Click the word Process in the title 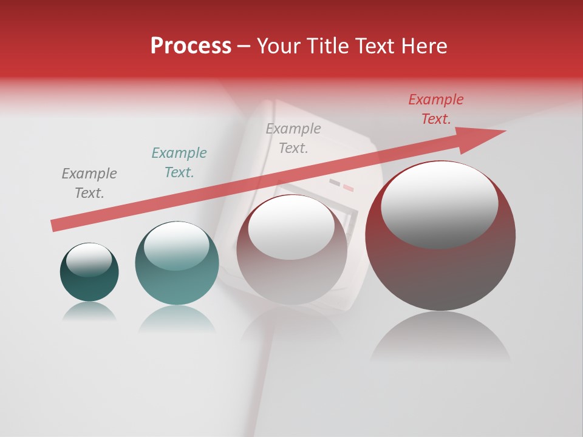(191, 46)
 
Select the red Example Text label (435, 109)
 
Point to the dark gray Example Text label (89, 183)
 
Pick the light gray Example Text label (293, 138)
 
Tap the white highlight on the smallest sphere (89, 260)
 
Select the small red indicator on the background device (348, 188)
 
